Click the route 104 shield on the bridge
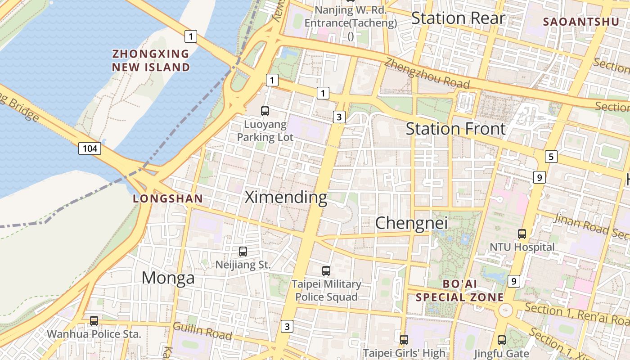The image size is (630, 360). click(x=90, y=148)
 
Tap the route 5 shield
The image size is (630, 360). click(x=551, y=157)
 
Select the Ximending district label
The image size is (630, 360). click(x=286, y=198)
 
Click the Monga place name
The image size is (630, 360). click(x=168, y=278)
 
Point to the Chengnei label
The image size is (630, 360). click(x=411, y=223)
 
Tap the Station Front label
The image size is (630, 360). click(x=455, y=129)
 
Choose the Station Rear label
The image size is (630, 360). click(x=458, y=18)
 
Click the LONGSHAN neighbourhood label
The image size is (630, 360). click(x=168, y=198)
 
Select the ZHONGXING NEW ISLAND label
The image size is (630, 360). click(x=151, y=61)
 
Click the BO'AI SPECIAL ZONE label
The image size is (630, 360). click(x=459, y=291)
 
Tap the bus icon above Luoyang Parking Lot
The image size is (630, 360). click(x=265, y=111)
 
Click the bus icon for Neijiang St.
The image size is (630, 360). click(x=243, y=252)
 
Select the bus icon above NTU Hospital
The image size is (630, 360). click(x=522, y=234)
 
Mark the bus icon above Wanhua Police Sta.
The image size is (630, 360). click(x=94, y=321)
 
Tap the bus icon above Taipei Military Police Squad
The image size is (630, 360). click(x=326, y=271)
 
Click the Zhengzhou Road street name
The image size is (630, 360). click(x=427, y=73)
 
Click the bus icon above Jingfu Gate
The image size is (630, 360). click(x=502, y=340)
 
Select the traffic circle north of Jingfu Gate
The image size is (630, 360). click(x=505, y=310)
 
